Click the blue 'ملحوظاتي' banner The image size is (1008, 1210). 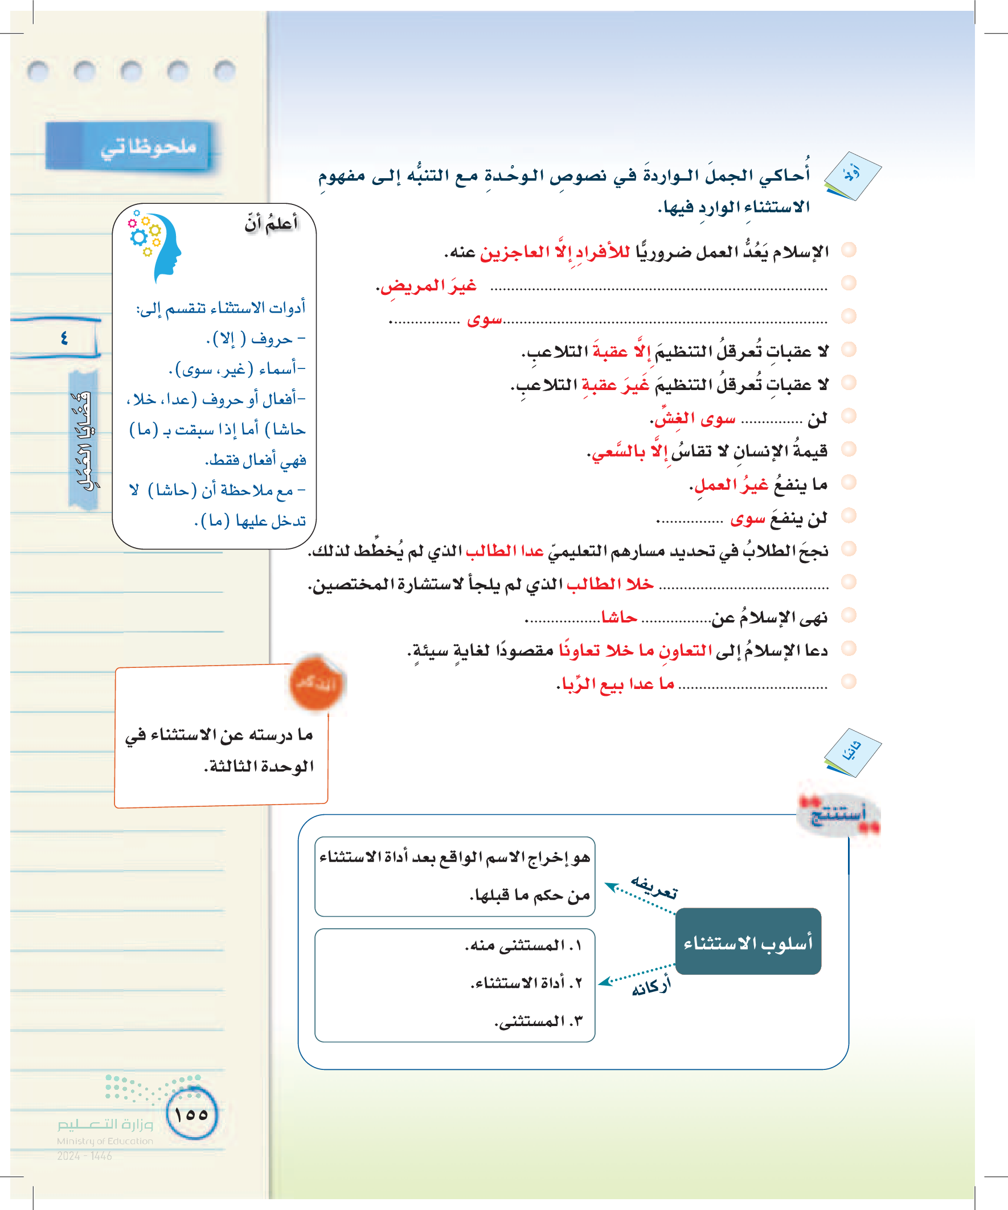128,146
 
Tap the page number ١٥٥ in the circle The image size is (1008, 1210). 191,1113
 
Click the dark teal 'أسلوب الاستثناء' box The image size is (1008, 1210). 748,942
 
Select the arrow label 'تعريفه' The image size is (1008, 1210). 654,888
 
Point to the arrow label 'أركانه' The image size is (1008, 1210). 651,986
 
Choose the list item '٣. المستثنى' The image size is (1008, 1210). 539,1021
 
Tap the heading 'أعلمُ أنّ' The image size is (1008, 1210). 271,223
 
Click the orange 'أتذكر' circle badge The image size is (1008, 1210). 315,684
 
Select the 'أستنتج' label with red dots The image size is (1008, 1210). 838,814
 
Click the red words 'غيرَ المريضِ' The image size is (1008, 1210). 427,286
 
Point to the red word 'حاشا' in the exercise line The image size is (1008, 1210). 619,618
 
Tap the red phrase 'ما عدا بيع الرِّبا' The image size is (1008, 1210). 616,684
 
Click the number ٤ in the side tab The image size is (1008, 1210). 63,338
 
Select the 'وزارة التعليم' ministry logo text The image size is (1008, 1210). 105,1124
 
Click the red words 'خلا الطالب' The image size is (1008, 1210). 610,584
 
